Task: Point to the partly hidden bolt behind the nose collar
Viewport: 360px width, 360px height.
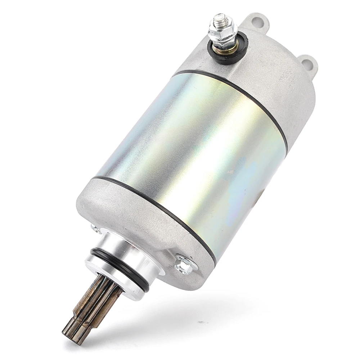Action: pyautogui.click(x=95, y=228)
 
